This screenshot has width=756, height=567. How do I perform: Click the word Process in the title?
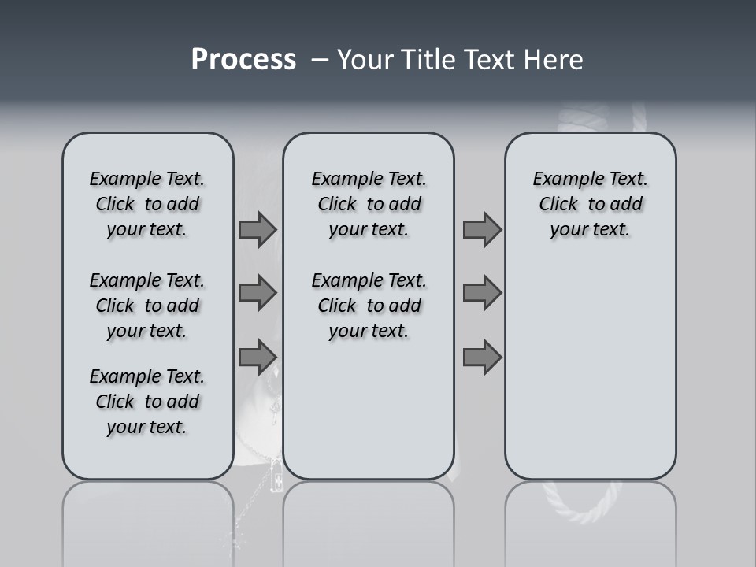243,60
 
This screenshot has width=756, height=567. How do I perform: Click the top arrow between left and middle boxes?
258,230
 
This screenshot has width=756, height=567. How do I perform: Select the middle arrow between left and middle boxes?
258,293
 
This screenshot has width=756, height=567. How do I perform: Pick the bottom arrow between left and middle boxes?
258,357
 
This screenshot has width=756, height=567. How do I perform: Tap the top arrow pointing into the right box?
482,230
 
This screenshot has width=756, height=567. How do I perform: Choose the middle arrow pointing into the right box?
482,293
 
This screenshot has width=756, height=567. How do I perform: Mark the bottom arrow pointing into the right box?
482,357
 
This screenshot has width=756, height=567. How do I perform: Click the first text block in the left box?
147,204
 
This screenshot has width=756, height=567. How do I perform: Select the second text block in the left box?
147,306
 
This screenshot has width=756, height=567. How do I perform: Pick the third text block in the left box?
147,402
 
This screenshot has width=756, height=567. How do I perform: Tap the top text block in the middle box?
369,204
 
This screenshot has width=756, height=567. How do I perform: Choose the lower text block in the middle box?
369,306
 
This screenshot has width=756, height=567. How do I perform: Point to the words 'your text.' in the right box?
590,230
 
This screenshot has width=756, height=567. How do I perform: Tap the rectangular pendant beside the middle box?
276,475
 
